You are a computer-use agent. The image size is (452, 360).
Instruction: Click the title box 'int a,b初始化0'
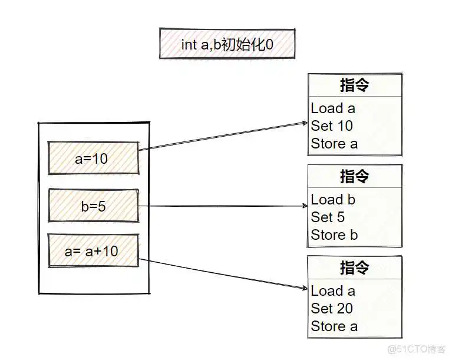point(227,44)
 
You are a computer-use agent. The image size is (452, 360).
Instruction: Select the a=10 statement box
point(93,158)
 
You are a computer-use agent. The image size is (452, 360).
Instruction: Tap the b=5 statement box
point(93,206)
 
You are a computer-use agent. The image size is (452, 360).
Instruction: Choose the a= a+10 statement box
point(93,251)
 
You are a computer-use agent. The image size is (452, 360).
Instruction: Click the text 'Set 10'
point(332,125)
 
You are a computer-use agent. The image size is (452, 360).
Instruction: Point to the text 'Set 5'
point(328,217)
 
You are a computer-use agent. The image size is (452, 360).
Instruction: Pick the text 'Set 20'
point(332,308)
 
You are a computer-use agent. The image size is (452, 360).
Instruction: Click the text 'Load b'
point(333,199)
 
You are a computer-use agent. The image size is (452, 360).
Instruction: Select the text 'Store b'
point(334,235)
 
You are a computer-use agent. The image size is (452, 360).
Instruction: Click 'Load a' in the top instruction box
point(333,108)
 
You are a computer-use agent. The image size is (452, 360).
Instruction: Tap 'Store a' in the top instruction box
point(334,143)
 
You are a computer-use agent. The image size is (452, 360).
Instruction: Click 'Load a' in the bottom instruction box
point(333,290)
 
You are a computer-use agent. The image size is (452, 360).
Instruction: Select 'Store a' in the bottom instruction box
point(334,326)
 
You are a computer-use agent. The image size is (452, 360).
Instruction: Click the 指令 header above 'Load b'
point(354,176)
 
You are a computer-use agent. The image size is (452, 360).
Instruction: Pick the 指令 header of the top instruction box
point(354,85)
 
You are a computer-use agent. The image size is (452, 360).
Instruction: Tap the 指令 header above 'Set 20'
point(354,267)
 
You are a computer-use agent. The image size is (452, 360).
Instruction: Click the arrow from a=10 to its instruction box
point(224,136)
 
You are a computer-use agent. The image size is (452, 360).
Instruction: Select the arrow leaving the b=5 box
point(224,206)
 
